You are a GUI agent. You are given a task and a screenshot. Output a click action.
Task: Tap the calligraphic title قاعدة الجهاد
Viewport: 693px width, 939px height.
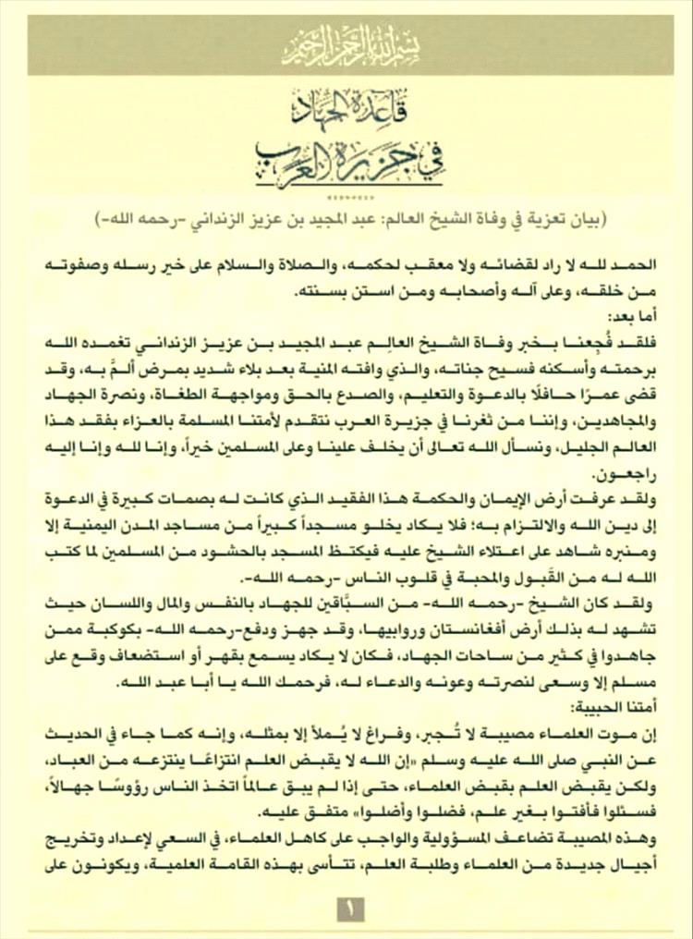346,111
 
